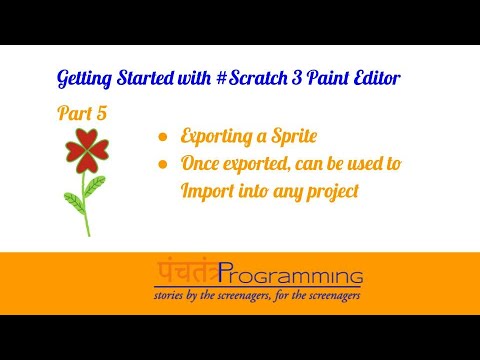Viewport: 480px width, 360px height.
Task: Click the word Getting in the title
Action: pyautogui.click(x=84, y=79)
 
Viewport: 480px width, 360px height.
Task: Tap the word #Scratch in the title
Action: pyautogui.click(x=252, y=78)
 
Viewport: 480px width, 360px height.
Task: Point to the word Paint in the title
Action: pyautogui.click(x=328, y=78)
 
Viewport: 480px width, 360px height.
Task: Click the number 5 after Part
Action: pyautogui.click(x=102, y=113)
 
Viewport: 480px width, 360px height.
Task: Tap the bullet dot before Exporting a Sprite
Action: pyautogui.click(x=163, y=137)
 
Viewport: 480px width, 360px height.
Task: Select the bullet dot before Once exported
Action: pyautogui.click(x=163, y=164)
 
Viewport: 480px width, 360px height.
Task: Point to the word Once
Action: pyautogui.click(x=200, y=164)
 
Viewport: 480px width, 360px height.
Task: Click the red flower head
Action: pyautogui.click(x=87, y=151)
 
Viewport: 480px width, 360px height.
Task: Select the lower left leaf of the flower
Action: pyautogui.click(x=74, y=203)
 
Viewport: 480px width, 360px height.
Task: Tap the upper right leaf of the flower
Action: pyautogui.click(x=94, y=186)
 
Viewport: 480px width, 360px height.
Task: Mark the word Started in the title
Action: pyautogui.click(x=145, y=78)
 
